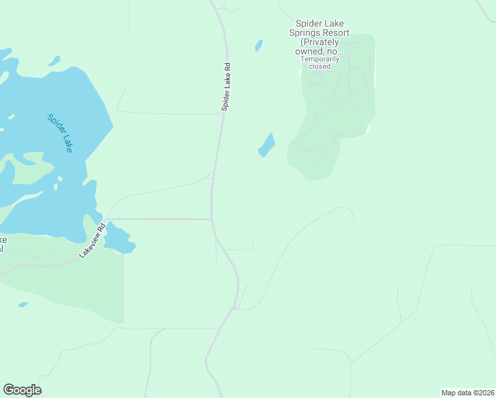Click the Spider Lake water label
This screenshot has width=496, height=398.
[60, 133]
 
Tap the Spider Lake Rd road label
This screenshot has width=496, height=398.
[226, 87]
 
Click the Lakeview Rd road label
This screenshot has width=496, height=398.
[92, 241]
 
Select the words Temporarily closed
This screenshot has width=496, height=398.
[320, 62]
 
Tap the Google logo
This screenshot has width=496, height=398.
[22, 390]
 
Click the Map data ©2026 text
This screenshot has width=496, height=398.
[467, 393]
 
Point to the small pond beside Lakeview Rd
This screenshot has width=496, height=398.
[119, 239]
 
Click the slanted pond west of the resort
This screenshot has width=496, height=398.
[267, 145]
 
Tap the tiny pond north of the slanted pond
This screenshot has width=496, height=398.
[259, 45]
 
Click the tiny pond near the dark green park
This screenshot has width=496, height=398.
[23, 304]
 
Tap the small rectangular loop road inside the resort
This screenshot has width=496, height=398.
[316, 79]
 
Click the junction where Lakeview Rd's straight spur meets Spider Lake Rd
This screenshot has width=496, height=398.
[211, 219]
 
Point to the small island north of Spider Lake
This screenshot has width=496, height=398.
[54, 61]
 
